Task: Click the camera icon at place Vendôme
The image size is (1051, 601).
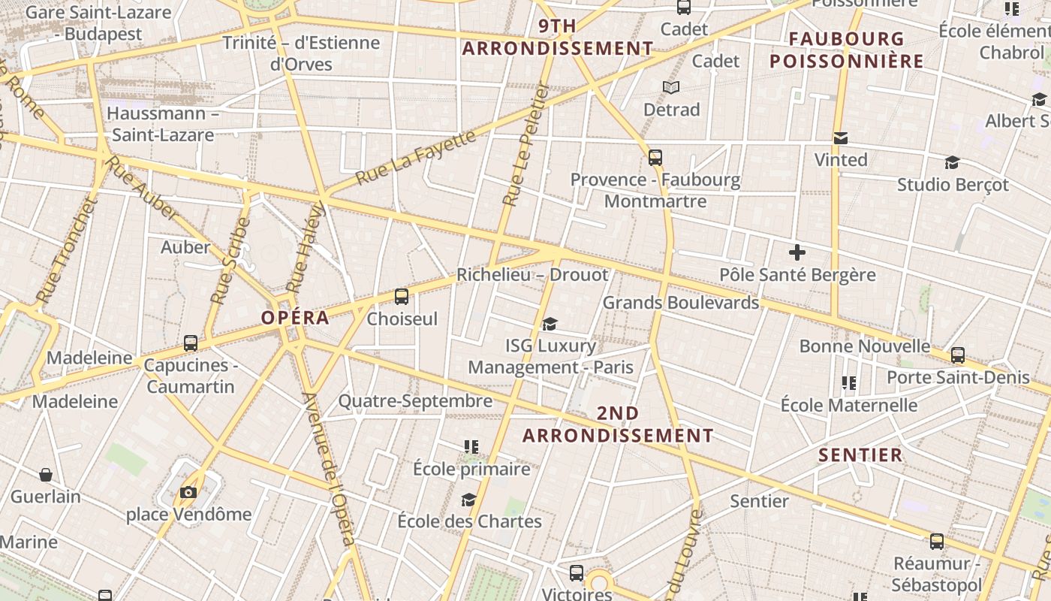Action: click(x=188, y=492)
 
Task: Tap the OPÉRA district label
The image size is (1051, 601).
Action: click(x=295, y=318)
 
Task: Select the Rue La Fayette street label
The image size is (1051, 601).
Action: click(x=416, y=158)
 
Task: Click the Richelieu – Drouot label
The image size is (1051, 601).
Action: click(x=532, y=275)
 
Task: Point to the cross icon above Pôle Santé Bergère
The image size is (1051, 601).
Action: click(x=797, y=252)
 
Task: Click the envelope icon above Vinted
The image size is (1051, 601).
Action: click(x=840, y=138)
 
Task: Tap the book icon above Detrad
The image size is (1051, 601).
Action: click(x=671, y=88)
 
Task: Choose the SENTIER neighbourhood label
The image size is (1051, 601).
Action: click(x=860, y=455)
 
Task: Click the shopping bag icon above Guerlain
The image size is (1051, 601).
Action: click(x=46, y=475)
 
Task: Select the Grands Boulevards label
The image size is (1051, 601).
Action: click(x=681, y=303)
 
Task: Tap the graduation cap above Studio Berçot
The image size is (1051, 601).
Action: click(x=952, y=163)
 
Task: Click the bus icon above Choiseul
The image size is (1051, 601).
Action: click(x=402, y=296)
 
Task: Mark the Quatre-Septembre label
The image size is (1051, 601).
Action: click(x=415, y=401)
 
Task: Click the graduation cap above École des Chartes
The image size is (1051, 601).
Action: click(x=469, y=500)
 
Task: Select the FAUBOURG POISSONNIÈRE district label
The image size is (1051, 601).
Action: click(x=846, y=50)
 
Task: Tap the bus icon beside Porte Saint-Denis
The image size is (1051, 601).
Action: click(x=957, y=355)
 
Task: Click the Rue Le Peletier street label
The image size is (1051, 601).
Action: click(x=526, y=144)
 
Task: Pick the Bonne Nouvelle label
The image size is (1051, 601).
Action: click(x=864, y=346)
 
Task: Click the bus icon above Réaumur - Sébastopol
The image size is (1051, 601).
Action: click(x=936, y=541)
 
